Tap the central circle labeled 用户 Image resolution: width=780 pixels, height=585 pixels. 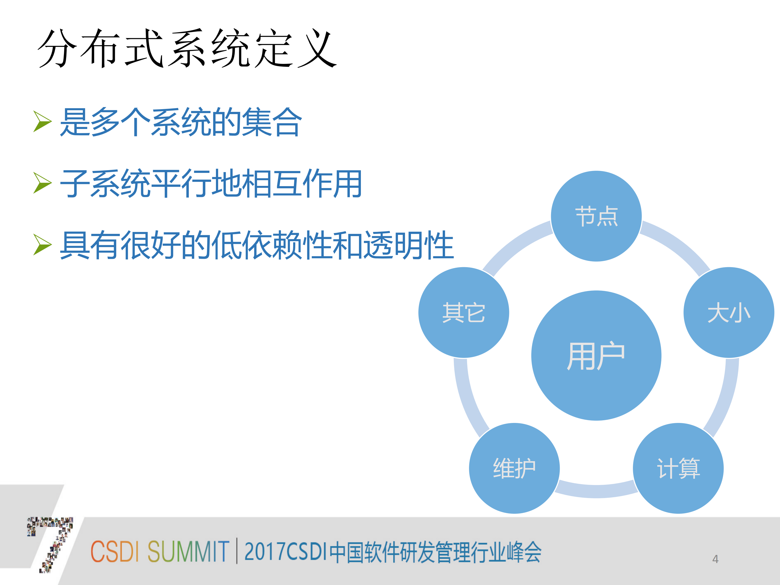click(596, 355)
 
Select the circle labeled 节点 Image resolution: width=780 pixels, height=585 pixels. click(596, 216)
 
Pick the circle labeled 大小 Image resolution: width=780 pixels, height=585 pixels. click(729, 312)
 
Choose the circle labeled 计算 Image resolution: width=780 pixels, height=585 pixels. click(678, 468)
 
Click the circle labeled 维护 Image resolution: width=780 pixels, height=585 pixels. click(514, 468)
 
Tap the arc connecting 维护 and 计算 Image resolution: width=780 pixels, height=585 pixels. click(596, 491)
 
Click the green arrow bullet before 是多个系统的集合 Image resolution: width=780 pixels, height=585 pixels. click(42, 121)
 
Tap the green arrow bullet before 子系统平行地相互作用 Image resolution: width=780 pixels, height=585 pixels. click(42, 183)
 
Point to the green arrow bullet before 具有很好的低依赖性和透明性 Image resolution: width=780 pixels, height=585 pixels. click(42, 244)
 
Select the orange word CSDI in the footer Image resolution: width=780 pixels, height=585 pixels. click(115, 551)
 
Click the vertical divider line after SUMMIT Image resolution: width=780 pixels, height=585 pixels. click(237, 551)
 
